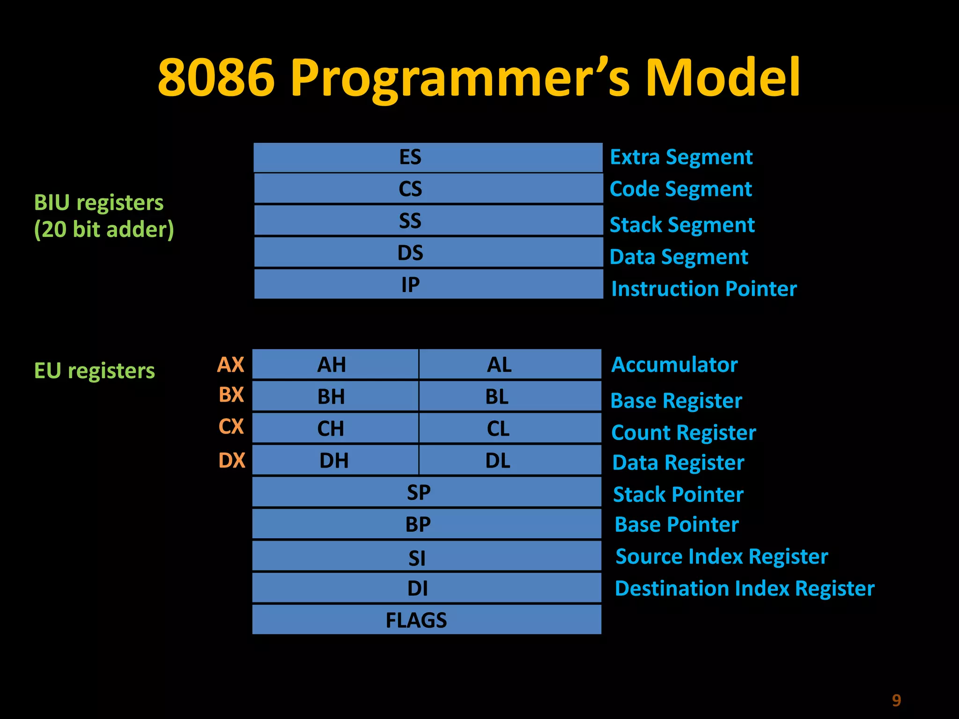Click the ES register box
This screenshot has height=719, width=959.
click(428, 157)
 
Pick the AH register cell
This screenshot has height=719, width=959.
click(335, 364)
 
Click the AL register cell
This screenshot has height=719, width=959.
click(509, 364)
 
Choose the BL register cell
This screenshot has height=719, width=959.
click(509, 396)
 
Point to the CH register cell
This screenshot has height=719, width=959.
click(335, 428)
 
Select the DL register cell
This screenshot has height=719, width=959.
click(509, 461)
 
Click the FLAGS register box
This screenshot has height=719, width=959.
click(426, 620)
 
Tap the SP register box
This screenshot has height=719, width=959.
click(426, 492)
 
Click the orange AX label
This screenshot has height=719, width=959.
click(231, 365)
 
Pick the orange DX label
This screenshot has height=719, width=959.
click(232, 461)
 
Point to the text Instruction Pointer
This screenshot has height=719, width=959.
click(704, 289)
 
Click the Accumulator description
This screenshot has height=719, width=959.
click(674, 365)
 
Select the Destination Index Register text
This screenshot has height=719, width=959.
click(745, 588)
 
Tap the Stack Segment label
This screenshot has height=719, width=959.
click(682, 225)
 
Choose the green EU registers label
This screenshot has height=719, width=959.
click(94, 371)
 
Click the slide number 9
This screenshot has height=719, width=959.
click(896, 700)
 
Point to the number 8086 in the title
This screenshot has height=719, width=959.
click(216, 77)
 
